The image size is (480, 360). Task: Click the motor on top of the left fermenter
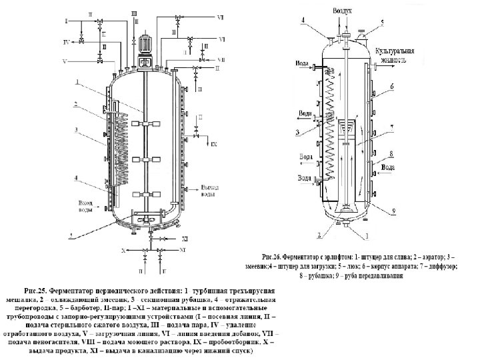pos(145,41)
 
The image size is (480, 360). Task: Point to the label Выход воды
pos(209,192)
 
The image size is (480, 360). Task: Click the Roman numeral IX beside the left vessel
pos(213,143)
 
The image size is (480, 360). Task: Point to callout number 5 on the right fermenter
pos(383,22)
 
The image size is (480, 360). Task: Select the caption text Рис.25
pos(36,291)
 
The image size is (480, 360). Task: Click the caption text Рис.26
pos(273,255)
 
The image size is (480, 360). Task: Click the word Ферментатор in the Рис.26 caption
pos(306,255)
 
